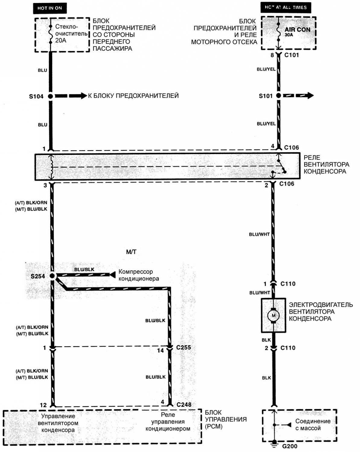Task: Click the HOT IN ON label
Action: pyautogui.click(x=49, y=8)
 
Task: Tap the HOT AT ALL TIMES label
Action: pyautogui.click(x=285, y=8)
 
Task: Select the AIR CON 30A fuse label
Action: pyautogui.click(x=297, y=31)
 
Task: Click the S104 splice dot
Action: pyautogui.click(x=50, y=96)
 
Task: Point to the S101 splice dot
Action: pyautogui.click(x=279, y=96)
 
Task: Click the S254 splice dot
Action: pyautogui.click(x=52, y=276)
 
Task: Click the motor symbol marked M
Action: pyautogui.click(x=273, y=315)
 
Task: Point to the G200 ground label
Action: pyautogui.click(x=289, y=446)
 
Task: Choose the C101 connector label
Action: pyautogui.click(x=291, y=55)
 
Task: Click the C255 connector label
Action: pyautogui.click(x=183, y=347)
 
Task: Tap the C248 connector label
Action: pyautogui.click(x=184, y=404)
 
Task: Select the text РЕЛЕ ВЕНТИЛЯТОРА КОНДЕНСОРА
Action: pyautogui.click(x=326, y=164)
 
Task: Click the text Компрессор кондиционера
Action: pyautogui.click(x=139, y=275)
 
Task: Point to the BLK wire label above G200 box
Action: pyautogui.click(x=266, y=378)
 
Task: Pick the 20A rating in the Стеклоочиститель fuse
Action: pyautogui.click(x=60, y=40)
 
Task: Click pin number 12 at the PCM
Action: pyautogui.click(x=43, y=405)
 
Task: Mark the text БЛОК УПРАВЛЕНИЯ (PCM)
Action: pyautogui.click(x=225, y=419)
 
